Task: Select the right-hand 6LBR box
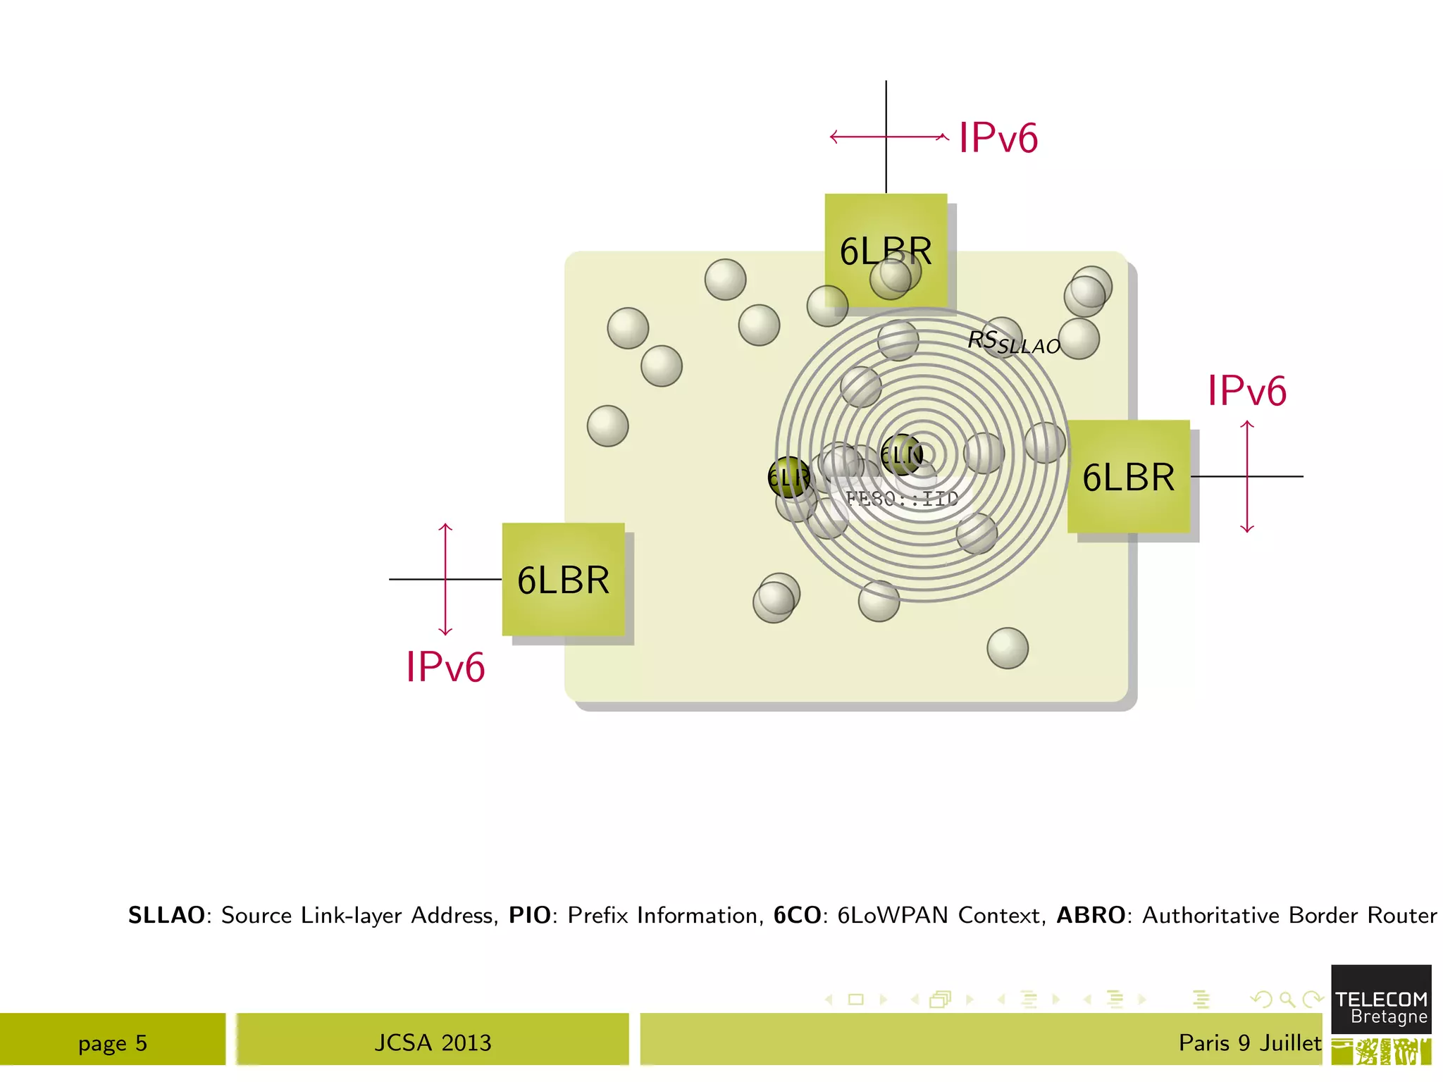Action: [1128, 477]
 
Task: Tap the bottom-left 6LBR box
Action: [563, 580]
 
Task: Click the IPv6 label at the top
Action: [998, 137]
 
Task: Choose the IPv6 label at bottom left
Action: [445, 666]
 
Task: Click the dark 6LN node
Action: [902, 455]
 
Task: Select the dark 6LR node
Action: [789, 478]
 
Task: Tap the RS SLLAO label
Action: [1013, 342]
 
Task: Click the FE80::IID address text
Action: [902, 499]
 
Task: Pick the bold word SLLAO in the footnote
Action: [166, 915]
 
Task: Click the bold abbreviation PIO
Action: [530, 915]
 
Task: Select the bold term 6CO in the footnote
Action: [797, 915]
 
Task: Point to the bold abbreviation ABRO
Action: [1091, 915]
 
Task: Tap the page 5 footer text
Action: [113, 1043]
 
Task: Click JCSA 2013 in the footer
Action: [433, 1043]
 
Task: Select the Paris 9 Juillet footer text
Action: [1250, 1043]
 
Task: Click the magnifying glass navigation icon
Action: [1287, 999]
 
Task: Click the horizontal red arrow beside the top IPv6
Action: [889, 137]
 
